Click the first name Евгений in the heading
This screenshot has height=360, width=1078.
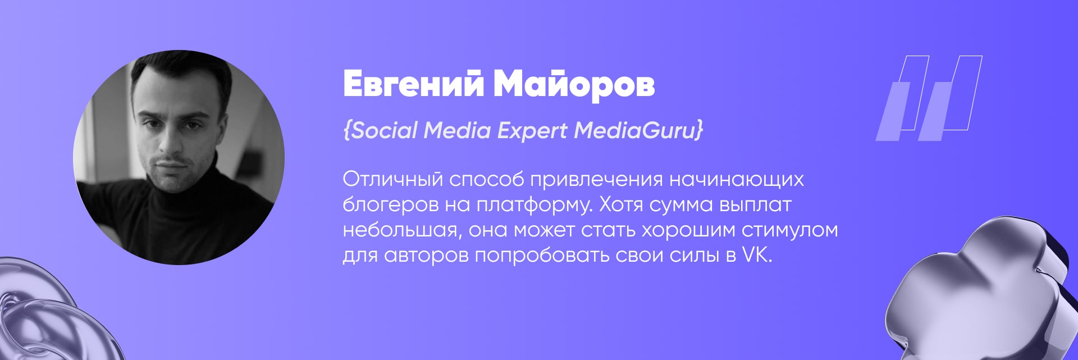413,85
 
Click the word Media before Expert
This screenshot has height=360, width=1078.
457,130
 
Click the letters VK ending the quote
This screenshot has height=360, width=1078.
757,255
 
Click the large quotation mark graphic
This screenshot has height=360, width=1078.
929,98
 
